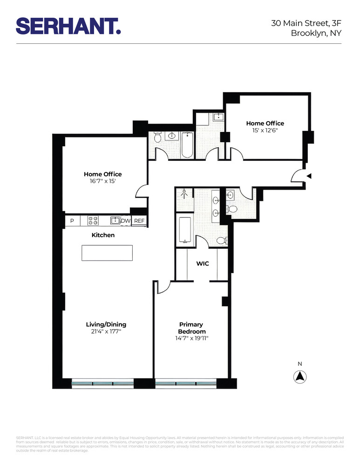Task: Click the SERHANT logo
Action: pyautogui.click(x=68, y=26)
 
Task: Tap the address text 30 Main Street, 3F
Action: pyautogui.click(x=306, y=23)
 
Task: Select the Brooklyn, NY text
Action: pyautogui.click(x=316, y=33)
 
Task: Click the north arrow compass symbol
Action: pyautogui.click(x=300, y=376)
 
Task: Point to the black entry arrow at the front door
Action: pyautogui.click(x=308, y=176)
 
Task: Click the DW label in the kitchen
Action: pyautogui.click(x=126, y=221)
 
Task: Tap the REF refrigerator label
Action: pyautogui.click(x=139, y=221)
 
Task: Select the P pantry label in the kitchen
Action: pyautogui.click(x=72, y=221)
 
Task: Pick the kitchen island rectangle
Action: pyautogui.click(x=107, y=253)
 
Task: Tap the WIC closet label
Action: pyautogui.click(x=203, y=264)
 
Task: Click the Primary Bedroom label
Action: pyautogui.click(x=191, y=328)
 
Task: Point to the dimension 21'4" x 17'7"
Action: pyautogui.click(x=106, y=332)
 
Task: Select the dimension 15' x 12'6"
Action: pyautogui.click(x=265, y=131)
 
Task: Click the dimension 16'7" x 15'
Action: pyautogui.click(x=103, y=182)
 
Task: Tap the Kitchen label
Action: pyautogui.click(x=103, y=235)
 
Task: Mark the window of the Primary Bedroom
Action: pyautogui.click(x=186, y=384)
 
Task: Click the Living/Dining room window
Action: pyautogui.click(x=102, y=384)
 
